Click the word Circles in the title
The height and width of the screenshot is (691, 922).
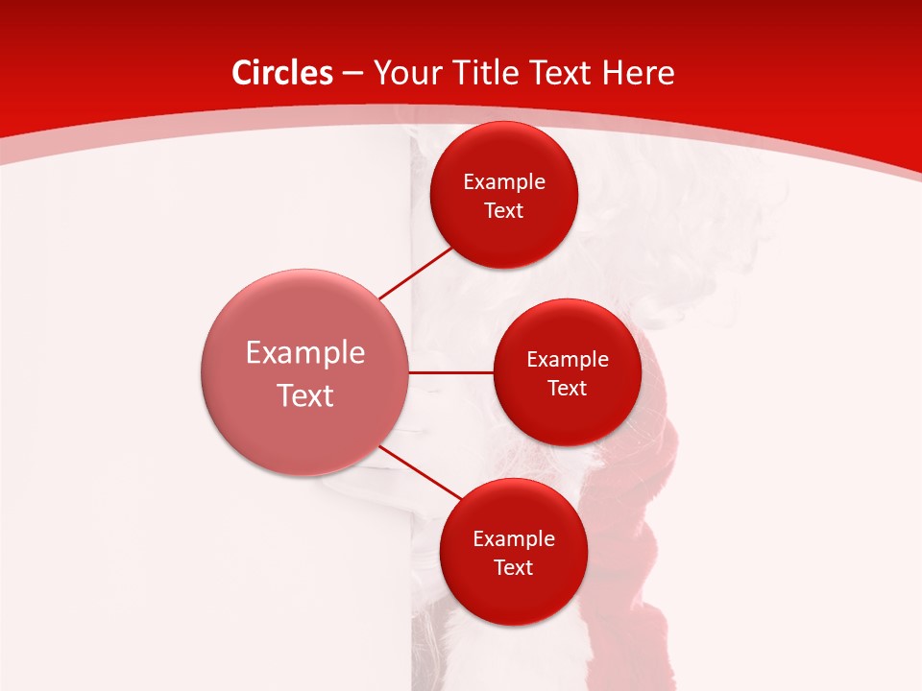(x=281, y=73)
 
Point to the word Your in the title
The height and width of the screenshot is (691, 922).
(x=403, y=73)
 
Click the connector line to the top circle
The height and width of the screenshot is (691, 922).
(x=416, y=273)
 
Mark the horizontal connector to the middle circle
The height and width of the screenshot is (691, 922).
(x=450, y=371)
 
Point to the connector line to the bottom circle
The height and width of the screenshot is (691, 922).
(x=419, y=471)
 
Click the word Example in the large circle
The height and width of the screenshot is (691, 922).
(x=305, y=354)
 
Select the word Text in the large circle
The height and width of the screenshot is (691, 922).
(x=305, y=395)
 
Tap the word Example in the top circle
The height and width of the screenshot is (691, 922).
(x=504, y=182)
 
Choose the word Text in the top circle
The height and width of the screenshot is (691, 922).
(x=504, y=210)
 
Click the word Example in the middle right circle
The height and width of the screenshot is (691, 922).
(x=568, y=360)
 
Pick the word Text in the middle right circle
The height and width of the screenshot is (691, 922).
(x=568, y=388)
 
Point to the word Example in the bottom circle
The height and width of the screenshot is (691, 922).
(x=514, y=539)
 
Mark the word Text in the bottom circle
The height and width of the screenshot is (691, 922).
(x=514, y=567)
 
